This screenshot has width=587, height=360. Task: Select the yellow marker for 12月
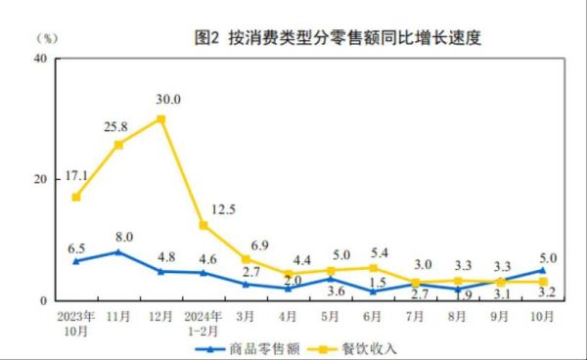160,118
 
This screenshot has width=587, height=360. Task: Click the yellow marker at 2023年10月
75,197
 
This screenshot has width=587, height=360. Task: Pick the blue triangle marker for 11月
118,251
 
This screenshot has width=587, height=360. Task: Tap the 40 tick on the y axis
42,59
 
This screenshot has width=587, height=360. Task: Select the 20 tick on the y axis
42,179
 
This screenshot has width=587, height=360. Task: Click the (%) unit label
46,38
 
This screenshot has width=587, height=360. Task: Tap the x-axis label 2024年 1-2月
203,322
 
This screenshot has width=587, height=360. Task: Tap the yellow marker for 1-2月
203,225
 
